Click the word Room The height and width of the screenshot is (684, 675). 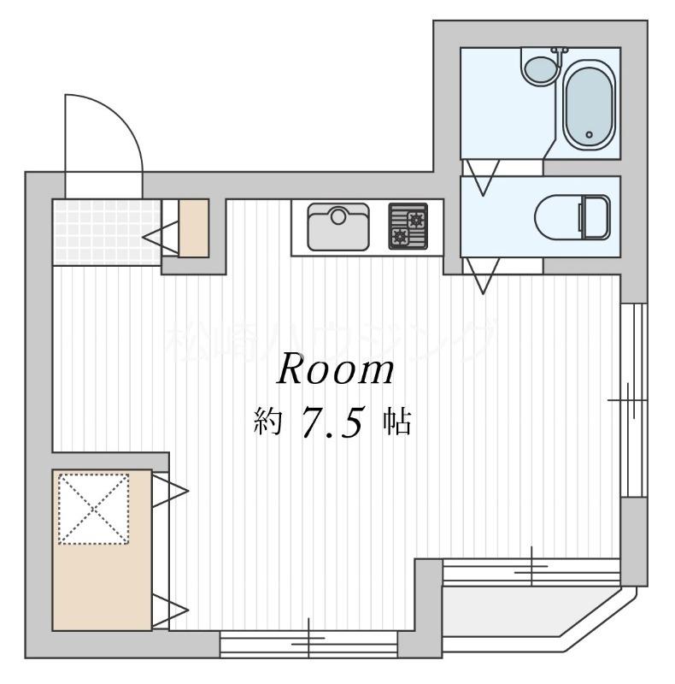click(336, 371)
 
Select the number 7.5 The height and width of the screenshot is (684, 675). click(334, 422)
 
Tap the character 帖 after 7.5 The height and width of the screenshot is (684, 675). click(396, 422)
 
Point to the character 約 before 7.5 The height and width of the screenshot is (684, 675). click(267, 422)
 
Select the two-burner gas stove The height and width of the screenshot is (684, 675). click(408, 227)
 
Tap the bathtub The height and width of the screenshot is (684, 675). click(589, 104)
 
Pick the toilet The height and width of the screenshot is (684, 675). click(572, 217)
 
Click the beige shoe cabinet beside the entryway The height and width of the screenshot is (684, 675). click(194, 227)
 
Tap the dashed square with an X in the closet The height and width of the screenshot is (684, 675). click(93, 509)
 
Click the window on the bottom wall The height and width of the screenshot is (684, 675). click(308, 643)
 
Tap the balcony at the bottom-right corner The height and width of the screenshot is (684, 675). click(530, 611)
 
